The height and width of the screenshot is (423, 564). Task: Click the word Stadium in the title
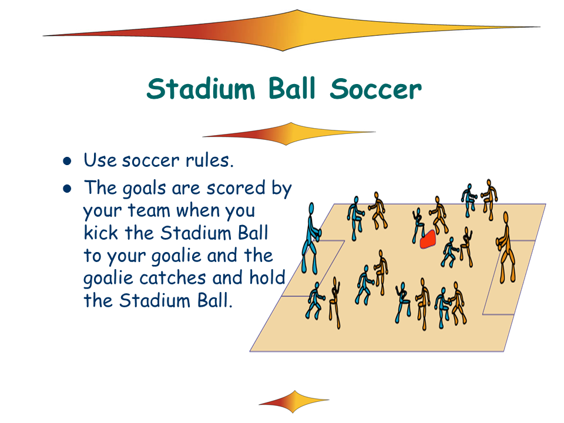[201, 89]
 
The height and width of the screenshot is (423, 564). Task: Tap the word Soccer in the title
[375, 89]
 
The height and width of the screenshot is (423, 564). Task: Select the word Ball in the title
[292, 88]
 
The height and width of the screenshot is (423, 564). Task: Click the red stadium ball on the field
[428, 239]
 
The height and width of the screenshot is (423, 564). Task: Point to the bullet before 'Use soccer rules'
[67, 161]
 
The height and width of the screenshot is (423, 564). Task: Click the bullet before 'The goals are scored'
[67, 189]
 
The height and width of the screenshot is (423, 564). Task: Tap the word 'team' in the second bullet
[149, 210]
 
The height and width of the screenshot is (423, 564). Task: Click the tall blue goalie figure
[311, 239]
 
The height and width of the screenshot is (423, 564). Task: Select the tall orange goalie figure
[506, 247]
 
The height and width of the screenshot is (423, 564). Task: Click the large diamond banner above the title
[291, 31]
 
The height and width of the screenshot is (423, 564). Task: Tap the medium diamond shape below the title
[289, 134]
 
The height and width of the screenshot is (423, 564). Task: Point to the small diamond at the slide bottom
[294, 401]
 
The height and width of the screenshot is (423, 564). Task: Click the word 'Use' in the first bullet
[100, 160]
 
